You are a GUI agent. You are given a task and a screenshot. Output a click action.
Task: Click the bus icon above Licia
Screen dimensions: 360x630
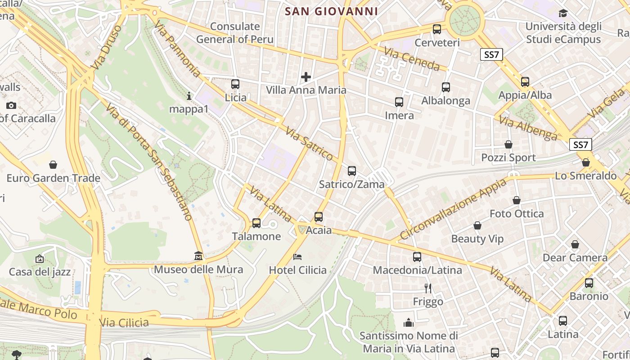(x=235, y=84)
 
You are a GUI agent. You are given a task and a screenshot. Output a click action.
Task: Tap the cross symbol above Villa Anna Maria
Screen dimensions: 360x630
(x=306, y=77)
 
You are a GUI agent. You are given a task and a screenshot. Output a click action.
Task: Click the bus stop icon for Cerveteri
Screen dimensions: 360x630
(x=436, y=29)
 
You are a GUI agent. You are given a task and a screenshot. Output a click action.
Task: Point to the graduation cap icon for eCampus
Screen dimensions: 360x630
(x=563, y=13)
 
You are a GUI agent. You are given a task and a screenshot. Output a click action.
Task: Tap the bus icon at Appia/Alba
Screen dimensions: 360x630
(x=525, y=82)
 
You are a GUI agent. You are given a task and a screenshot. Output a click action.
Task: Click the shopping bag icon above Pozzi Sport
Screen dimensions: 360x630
(x=508, y=144)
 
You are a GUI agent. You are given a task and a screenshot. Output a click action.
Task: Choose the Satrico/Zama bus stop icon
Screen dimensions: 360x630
(x=352, y=171)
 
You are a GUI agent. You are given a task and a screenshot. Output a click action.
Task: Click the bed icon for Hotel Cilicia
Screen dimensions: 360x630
(x=297, y=257)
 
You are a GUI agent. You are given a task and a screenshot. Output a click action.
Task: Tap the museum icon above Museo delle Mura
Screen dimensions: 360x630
(x=198, y=256)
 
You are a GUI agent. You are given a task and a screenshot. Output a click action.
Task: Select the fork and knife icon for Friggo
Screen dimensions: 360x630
(x=428, y=288)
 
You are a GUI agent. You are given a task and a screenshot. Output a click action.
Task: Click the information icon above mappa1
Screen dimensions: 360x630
(x=189, y=96)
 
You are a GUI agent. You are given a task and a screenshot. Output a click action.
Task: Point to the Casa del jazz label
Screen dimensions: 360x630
(x=40, y=272)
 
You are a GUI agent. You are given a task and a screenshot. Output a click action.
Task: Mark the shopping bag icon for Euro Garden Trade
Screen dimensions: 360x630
(x=53, y=165)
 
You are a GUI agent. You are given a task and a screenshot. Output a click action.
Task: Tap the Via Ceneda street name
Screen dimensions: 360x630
(x=411, y=59)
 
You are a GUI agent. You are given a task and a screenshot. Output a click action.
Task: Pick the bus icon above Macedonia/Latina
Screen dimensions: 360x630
(x=417, y=257)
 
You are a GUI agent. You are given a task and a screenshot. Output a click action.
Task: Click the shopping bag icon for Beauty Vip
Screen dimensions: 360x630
(x=477, y=225)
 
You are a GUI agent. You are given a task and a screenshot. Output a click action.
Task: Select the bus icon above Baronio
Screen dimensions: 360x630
(x=589, y=283)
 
